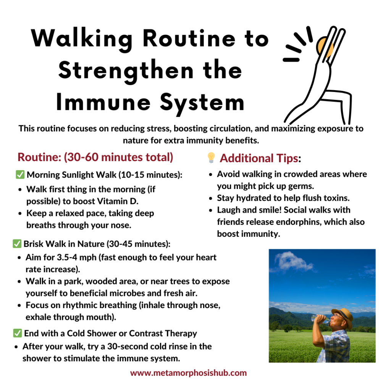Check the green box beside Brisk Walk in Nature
[17, 244]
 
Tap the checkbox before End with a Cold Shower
[17, 333]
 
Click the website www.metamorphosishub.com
[189, 373]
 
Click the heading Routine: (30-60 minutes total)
[95, 157]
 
